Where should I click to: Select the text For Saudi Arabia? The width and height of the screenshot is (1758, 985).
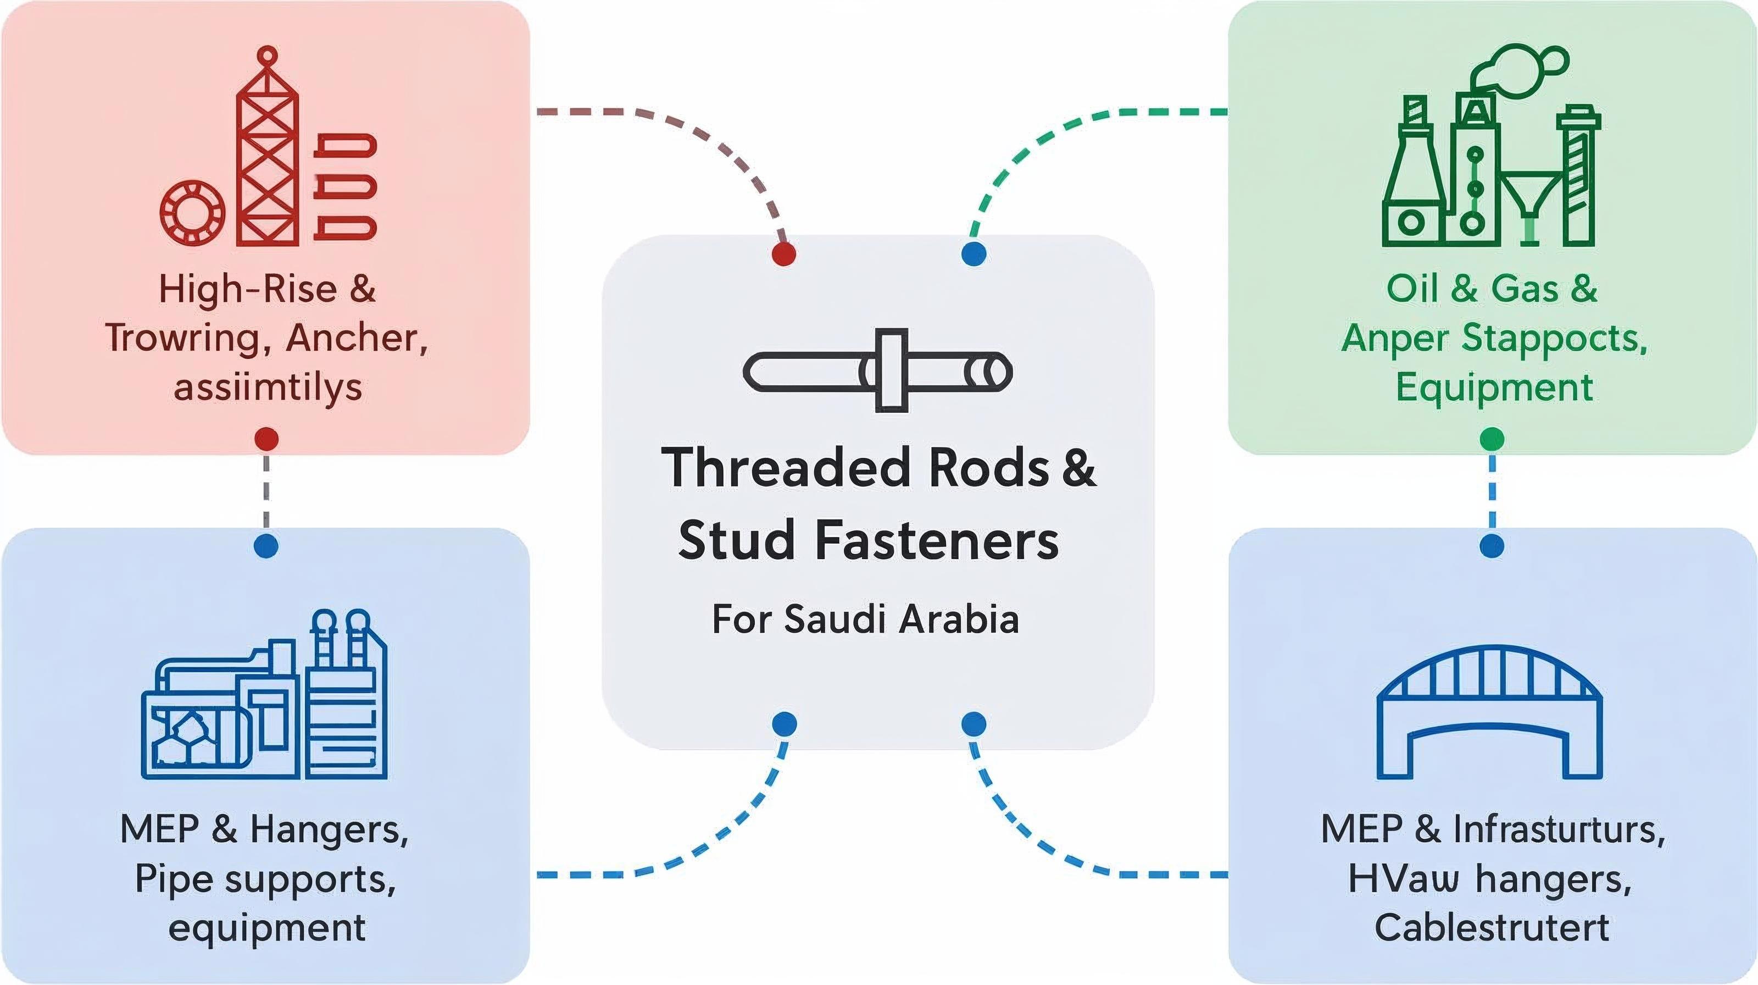pyautogui.click(x=865, y=619)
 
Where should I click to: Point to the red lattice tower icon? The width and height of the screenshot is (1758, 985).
pyautogui.click(x=267, y=150)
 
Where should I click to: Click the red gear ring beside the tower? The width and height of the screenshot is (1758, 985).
pyautogui.click(x=192, y=212)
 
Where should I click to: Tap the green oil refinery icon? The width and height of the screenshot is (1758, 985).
pyautogui.click(x=1490, y=170)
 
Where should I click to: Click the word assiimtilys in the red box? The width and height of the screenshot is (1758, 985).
pyautogui.click(x=268, y=387)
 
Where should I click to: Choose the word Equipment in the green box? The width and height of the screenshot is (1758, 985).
pyautogui.click(x=1494, y=387)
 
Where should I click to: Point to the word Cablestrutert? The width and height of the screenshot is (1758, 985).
pyautogui.click(x=1492, y=928)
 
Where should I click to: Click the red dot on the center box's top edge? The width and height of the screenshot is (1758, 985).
pyautogui.click(x=783, y=254)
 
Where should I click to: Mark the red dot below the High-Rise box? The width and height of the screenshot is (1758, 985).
pyautogui.click(x=266, y=439)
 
